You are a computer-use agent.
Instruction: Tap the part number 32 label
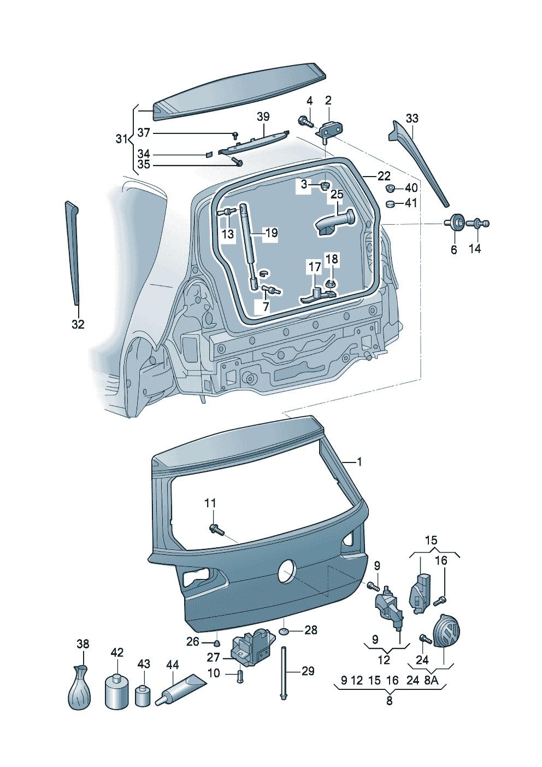coord(78,324)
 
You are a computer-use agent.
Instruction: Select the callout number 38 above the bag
coord(83,644)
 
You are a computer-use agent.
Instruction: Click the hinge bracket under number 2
coord(328,130)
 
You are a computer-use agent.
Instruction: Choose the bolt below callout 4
coord(304,121)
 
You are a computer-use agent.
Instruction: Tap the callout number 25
coord(337,194)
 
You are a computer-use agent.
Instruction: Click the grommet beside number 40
coord(391,189)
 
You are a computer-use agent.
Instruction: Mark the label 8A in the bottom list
coord(430,681)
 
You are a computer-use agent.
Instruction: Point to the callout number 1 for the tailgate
coord(359,462)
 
